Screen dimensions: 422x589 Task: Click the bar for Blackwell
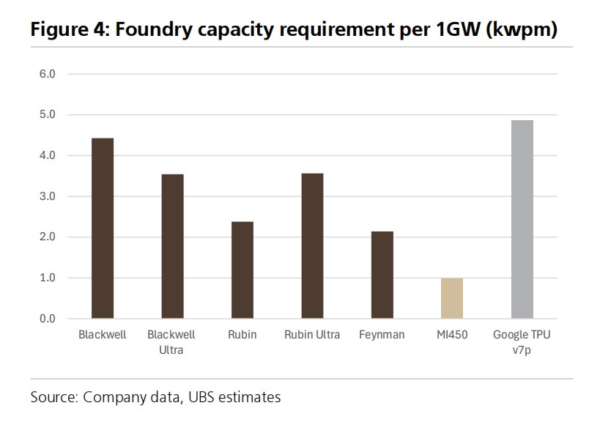point(103,229)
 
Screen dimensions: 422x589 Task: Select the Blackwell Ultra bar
point(172,246)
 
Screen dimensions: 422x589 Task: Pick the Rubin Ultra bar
point(312,246)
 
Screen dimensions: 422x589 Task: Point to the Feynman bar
point(382,275)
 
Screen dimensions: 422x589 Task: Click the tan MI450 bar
point(452,298)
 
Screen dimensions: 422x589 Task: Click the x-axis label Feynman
point(382,336)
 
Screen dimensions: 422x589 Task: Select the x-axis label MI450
point(452,336)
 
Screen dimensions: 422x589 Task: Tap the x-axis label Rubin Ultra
point(312,336)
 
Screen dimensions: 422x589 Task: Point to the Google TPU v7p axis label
point(522,342)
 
